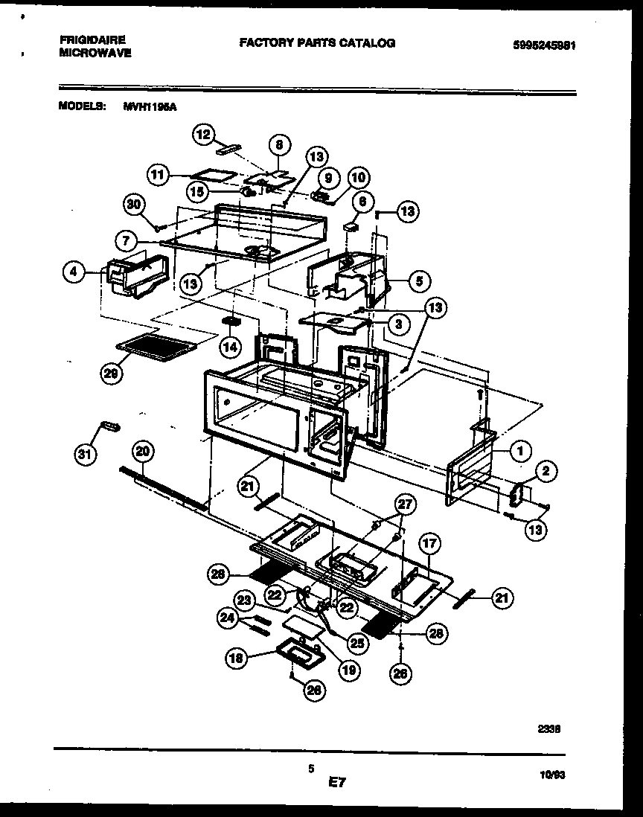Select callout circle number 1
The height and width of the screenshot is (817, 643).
point(521,449)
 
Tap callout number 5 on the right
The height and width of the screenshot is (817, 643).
point(419,282)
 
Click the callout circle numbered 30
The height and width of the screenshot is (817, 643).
point(135,205)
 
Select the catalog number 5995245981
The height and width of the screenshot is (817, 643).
point(545,45)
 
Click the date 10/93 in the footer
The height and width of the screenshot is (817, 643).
point(553,775)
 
